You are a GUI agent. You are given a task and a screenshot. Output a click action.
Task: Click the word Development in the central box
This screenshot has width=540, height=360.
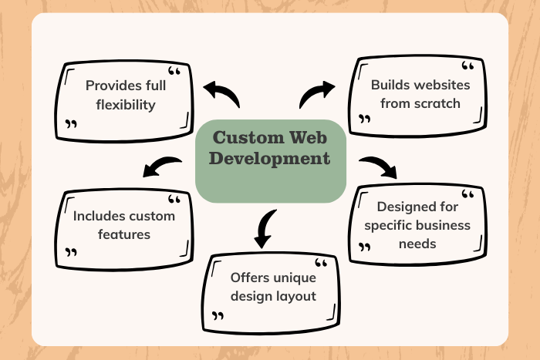272,160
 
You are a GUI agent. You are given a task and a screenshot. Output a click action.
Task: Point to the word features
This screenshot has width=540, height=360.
124,234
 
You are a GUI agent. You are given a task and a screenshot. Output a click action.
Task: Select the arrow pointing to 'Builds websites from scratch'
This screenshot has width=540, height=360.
316,94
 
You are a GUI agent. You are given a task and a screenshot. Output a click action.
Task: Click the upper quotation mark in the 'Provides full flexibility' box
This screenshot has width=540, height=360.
174,72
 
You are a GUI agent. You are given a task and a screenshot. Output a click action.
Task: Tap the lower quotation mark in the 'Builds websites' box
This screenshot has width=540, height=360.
365,120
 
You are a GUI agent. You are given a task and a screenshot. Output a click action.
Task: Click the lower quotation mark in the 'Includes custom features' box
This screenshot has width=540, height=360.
72,252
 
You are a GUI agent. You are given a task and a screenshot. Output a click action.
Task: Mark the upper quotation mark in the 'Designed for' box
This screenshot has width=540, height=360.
467,195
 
